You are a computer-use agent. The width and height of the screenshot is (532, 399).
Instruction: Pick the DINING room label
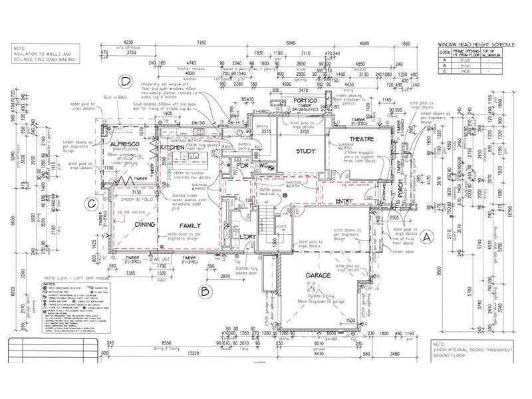(x=144, y=225)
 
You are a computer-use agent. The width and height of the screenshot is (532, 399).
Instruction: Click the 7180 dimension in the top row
(x=201, y=43)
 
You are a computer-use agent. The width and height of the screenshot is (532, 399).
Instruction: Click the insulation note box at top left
(x=45, y=53)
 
